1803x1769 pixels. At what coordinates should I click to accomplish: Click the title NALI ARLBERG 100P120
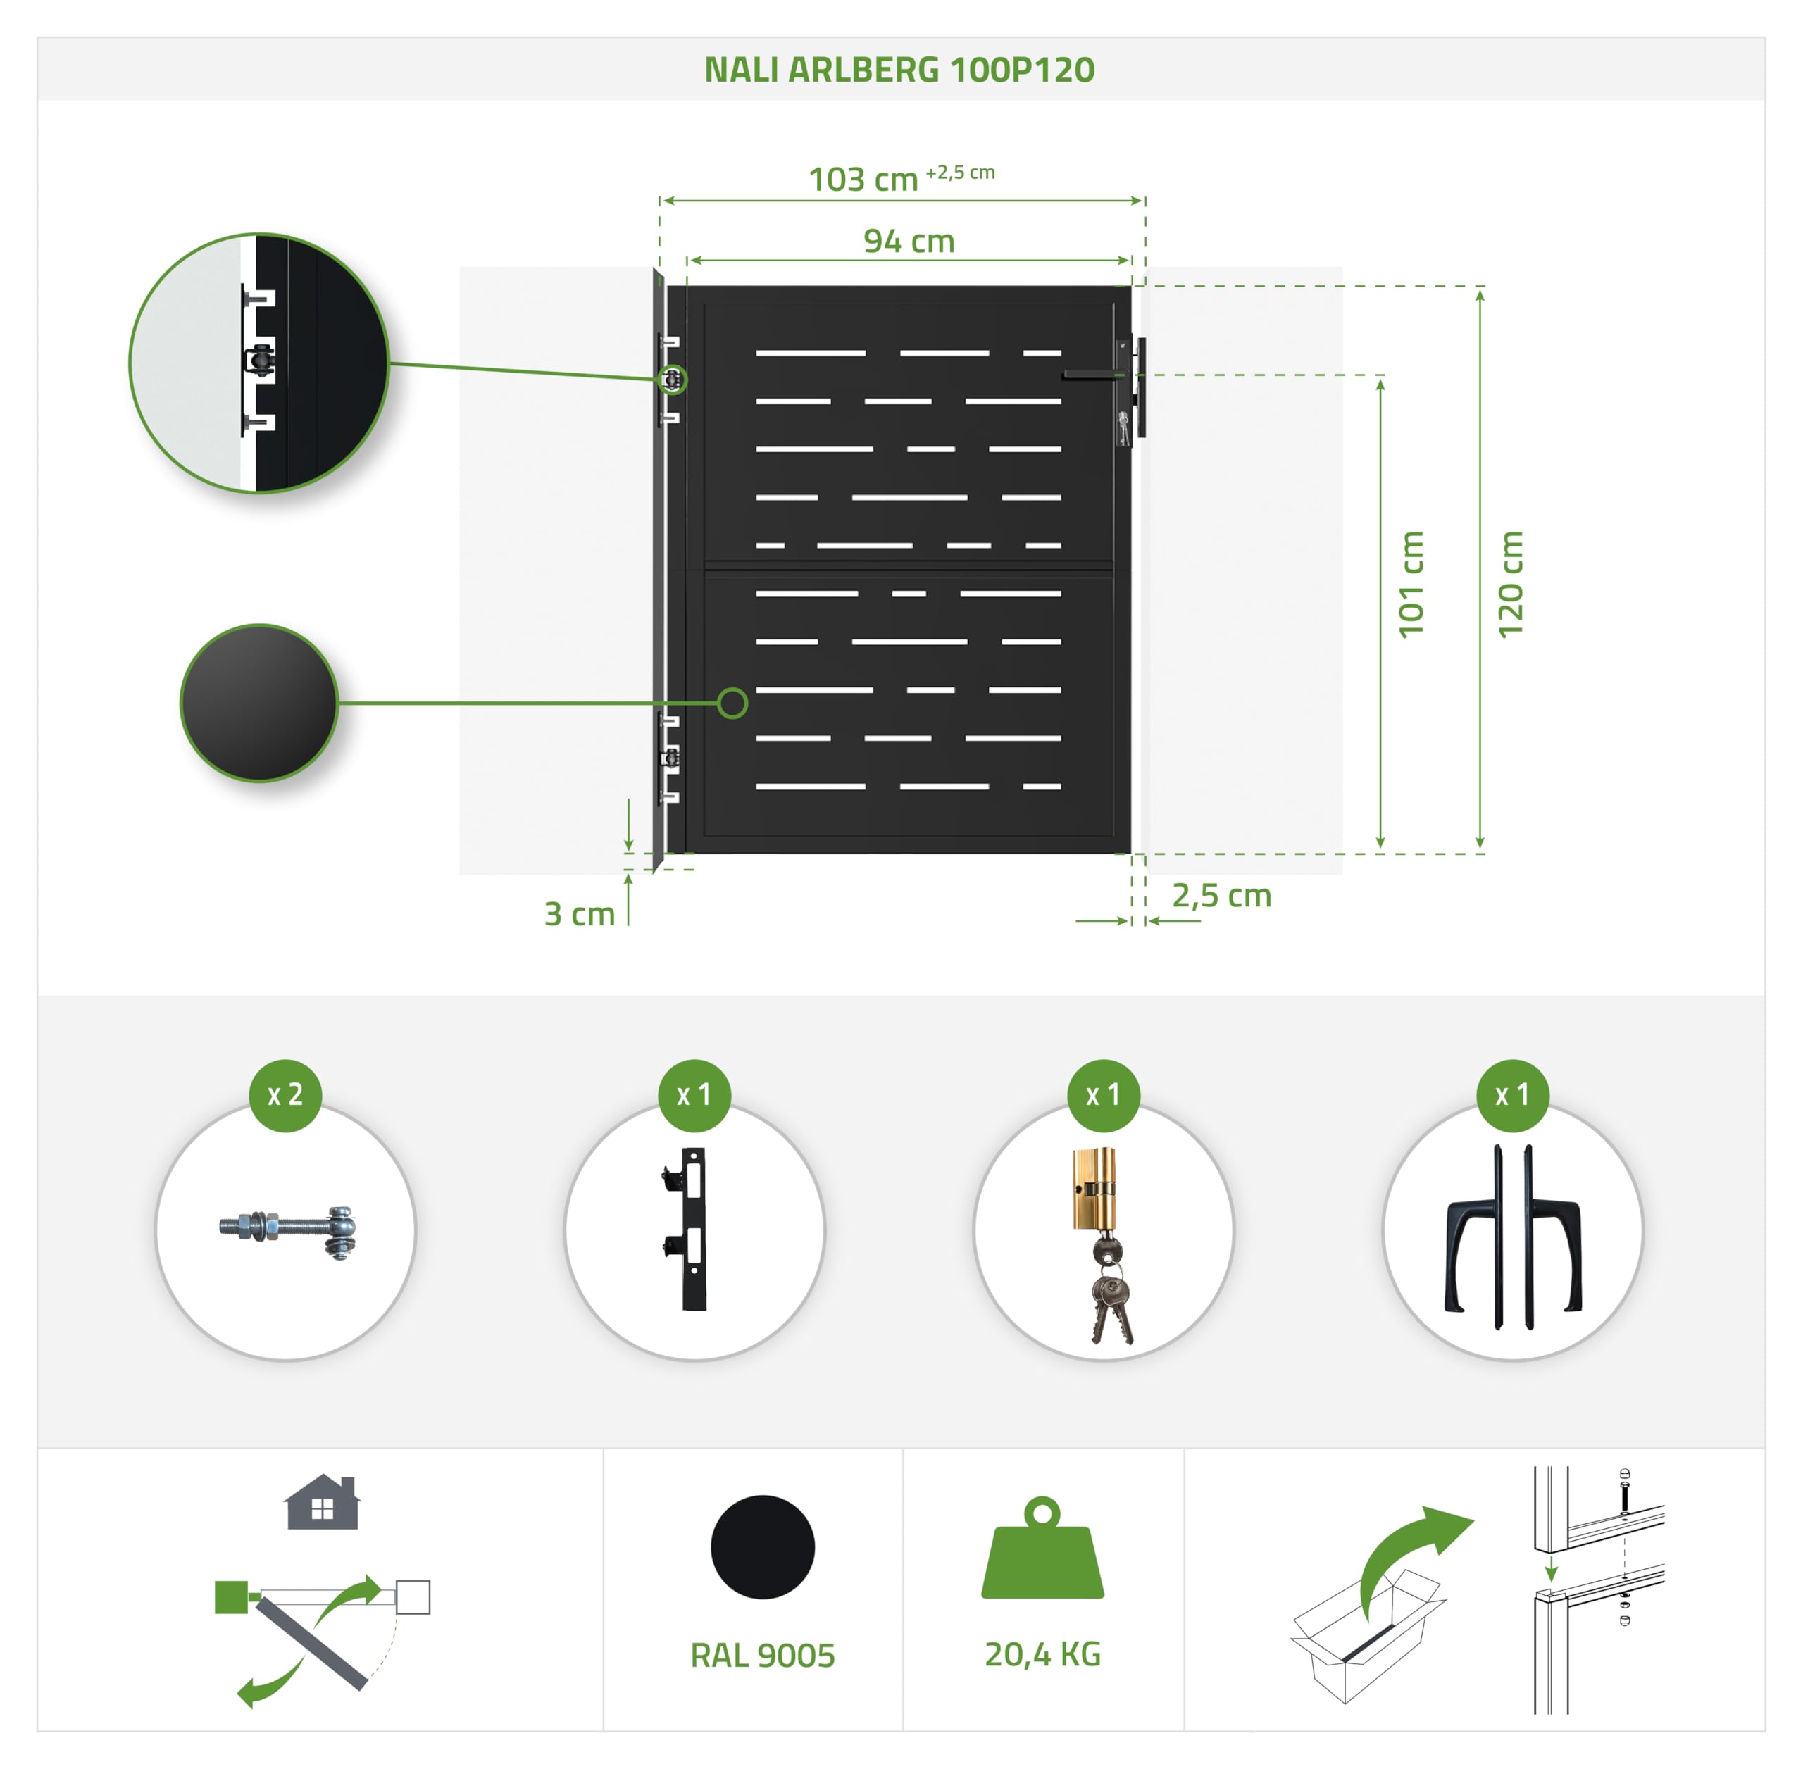[899, 70]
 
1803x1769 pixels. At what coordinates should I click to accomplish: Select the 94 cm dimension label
[909, 241]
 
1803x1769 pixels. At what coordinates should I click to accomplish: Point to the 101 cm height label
[1411, 585]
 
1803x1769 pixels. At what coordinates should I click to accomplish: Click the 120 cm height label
[1510, 585]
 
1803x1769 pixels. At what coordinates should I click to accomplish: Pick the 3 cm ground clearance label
[579, 913]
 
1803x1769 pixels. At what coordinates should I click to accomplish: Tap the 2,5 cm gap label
[1221, 896]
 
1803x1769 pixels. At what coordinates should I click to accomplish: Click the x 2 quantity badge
[285, 1094]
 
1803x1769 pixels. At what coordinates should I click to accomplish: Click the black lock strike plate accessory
[687, 1228]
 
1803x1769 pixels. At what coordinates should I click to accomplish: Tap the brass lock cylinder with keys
[1102, 1245]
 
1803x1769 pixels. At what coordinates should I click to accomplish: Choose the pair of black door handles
[1513, 1237]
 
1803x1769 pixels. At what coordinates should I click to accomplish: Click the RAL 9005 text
[762, 1655]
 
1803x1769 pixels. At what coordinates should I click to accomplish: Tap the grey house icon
[323, 1502]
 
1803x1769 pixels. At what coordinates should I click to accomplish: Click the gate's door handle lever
[1094, 375]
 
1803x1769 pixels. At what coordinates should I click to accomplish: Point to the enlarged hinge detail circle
[259, 363]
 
